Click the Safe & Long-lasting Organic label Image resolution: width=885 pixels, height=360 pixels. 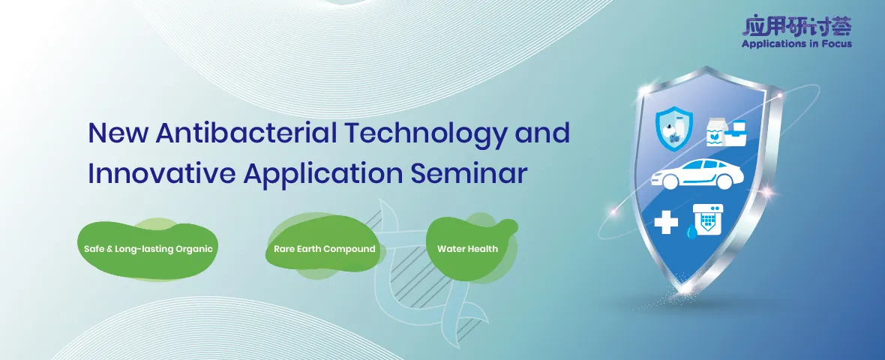coord(148,248)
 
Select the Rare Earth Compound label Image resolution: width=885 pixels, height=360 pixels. coord(324,248)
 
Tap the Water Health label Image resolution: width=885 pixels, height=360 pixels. coord(467,248)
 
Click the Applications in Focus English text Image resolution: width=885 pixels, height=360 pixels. coord(796,43)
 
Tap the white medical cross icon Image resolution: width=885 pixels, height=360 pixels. coord(666,222)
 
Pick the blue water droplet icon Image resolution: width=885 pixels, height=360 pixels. coord(691,233)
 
